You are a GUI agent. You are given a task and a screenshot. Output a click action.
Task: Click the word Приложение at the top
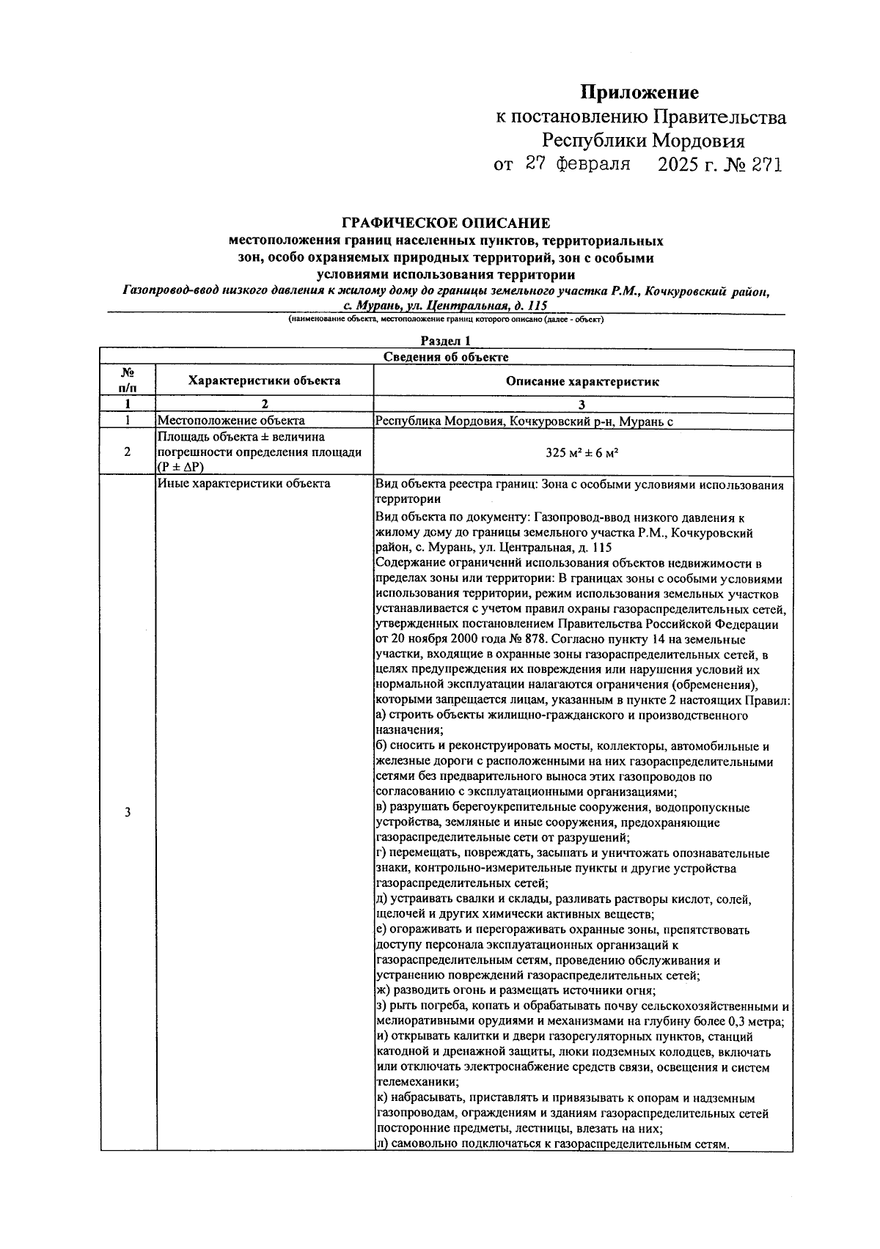[639, 92]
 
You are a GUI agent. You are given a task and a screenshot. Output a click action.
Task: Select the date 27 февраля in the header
[578, 164]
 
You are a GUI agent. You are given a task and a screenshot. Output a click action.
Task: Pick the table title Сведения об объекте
[446, 357]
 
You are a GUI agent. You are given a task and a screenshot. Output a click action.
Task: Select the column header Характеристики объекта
[264, 380]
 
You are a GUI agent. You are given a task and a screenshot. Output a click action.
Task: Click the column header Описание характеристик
[582, 381]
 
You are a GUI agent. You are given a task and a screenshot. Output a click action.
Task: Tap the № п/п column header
[128, 380]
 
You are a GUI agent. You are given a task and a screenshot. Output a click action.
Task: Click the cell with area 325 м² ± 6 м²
[582, 452]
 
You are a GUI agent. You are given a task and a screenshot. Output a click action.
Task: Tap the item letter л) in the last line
[381, 1144]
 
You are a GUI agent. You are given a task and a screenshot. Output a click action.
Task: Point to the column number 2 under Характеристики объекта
[264, 404]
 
